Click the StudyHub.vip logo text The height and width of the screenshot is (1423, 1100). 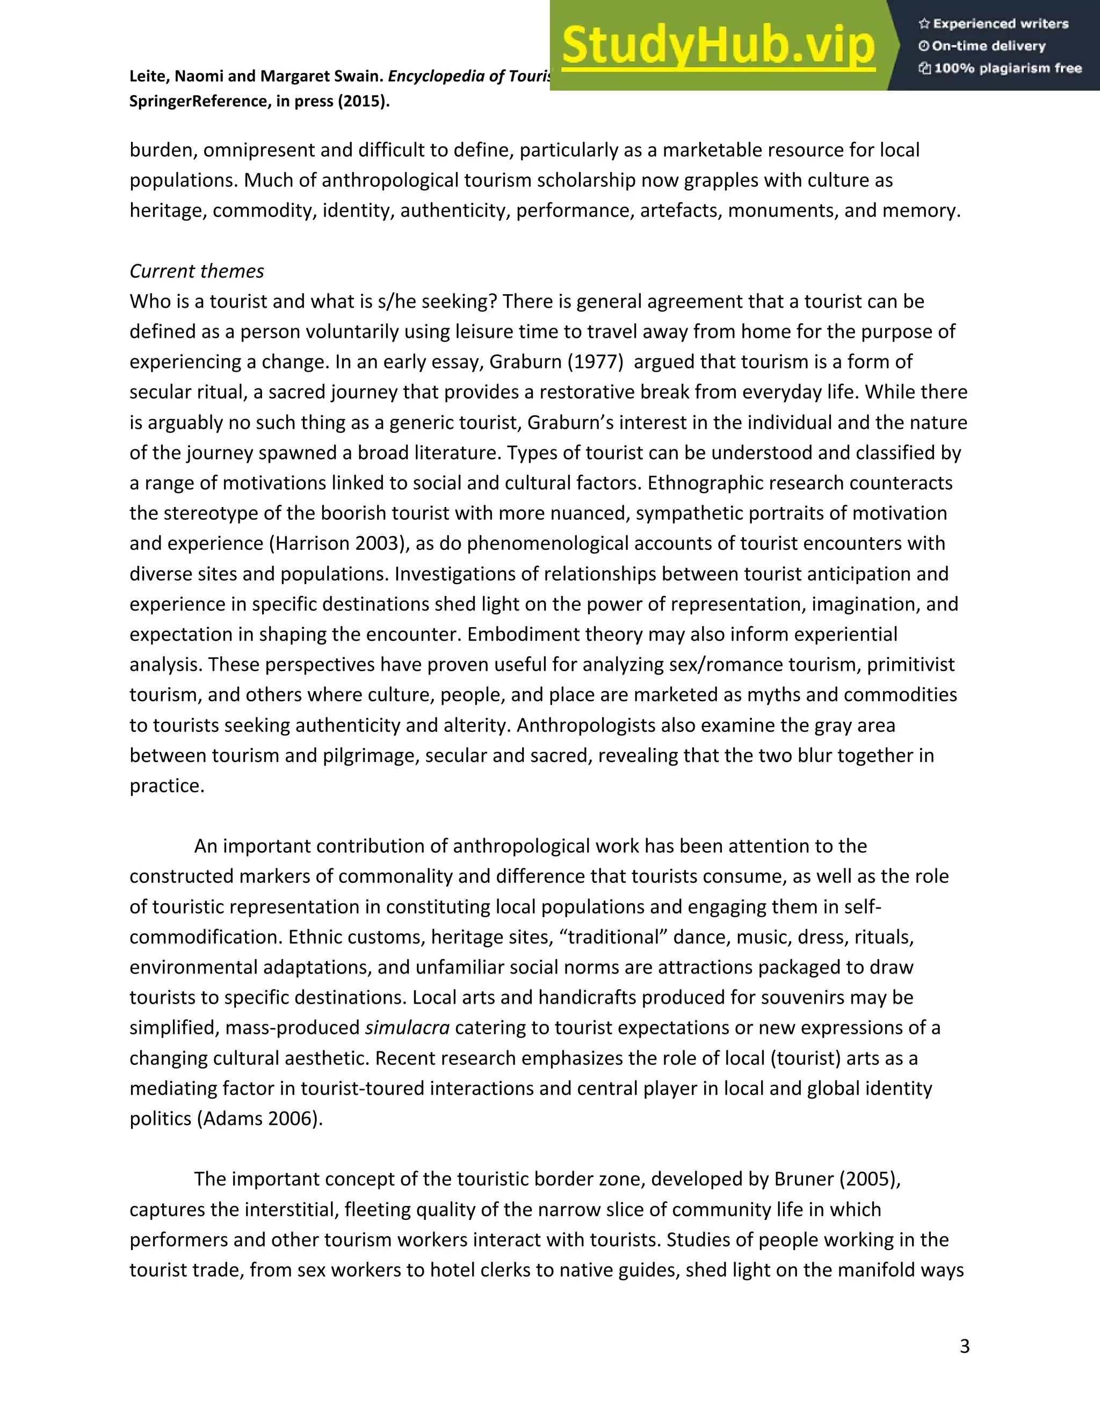pyautogui.click(x=718, y=46)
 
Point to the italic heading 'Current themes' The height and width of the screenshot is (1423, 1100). pyautogui.click(x=197, y=271)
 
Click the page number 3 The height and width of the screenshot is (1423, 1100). pyautogui.click(x=965, y=1346)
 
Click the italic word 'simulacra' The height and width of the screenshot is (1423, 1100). pyautogui.click(x=407, y=1027)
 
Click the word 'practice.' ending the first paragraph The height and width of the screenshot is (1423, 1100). pyautogui.click(x=167, y=786)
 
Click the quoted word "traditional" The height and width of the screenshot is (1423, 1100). pyautogui.click(x=613, y=937)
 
